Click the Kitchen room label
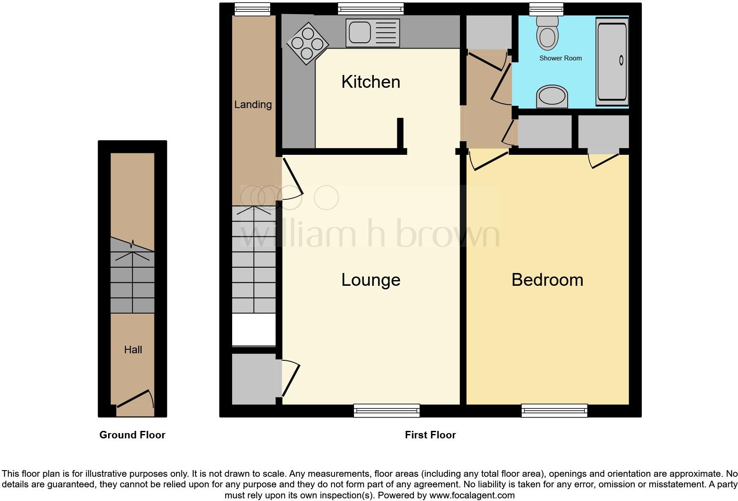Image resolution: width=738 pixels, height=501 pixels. tap(370, 82)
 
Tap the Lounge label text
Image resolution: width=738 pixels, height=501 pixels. tap(370, 280)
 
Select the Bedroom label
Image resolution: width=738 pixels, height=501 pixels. tap(547, 280)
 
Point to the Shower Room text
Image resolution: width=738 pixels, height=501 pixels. tap(560, 58)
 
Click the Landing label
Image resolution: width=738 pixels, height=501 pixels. tap(252, 105)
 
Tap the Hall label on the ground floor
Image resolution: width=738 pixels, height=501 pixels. tap(133, 350)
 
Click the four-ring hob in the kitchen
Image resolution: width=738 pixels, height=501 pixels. tap(308, 43)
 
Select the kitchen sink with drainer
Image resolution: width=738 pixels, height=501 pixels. tap(373, 33)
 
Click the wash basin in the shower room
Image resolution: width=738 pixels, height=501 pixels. tap(552, 97)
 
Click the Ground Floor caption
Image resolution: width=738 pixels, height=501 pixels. tap(132, 435)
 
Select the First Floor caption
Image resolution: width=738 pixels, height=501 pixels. tap(430, 435)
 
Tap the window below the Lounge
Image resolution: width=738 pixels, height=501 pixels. tap(386, 411)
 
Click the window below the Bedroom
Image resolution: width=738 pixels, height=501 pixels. tap(554, 411)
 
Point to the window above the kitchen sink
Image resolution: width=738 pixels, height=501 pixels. tap(370, 8)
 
